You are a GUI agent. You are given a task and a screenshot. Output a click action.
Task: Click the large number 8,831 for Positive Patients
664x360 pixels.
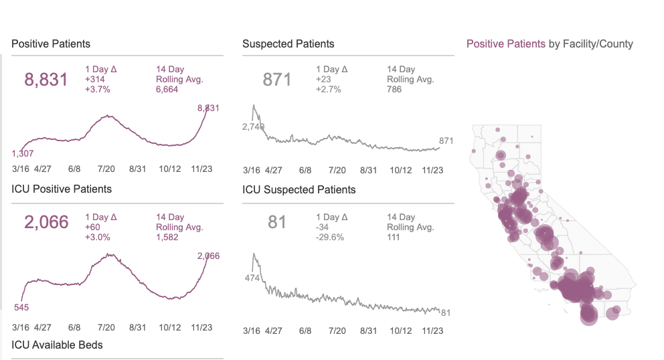(46, 80)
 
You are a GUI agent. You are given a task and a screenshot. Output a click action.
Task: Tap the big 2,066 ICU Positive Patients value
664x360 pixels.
(46, 222)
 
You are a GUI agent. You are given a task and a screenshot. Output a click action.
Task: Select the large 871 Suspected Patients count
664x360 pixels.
(277, 80)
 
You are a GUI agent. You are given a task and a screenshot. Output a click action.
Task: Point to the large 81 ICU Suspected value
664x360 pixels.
(277, 222)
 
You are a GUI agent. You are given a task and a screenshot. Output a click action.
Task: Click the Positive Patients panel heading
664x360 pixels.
(51, 44)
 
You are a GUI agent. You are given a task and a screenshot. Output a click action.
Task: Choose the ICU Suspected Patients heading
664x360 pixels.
(299, 190)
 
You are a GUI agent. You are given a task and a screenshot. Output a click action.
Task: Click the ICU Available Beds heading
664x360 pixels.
(57, 345)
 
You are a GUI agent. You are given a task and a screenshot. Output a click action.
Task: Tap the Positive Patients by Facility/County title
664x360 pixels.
(549, 44)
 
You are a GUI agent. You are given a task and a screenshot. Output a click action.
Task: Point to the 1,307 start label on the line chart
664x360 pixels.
(24, 153)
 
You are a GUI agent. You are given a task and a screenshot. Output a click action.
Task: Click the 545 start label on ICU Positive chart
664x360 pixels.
(22, 308)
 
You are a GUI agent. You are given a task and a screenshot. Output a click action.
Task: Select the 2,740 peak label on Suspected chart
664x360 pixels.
(254, 126)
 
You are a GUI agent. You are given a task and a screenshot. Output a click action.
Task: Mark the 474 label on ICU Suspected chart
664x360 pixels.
(252, 278)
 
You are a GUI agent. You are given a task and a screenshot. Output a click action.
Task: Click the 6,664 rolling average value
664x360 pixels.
(167, 89)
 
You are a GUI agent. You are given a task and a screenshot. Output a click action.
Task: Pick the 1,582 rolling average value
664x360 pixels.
(167, 236)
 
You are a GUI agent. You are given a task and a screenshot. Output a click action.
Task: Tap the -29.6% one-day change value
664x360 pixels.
(329, 236)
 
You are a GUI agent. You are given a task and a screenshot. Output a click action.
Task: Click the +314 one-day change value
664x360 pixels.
(96, 79)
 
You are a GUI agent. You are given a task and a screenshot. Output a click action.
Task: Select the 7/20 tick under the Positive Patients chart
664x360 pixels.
(106, 169)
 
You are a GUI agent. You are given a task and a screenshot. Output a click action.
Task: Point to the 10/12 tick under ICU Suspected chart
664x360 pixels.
(402, 331)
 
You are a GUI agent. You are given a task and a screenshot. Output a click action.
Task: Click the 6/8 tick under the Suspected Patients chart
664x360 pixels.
(305, 171)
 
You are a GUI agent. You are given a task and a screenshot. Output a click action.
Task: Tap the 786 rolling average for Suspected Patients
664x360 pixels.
(394, 89)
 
